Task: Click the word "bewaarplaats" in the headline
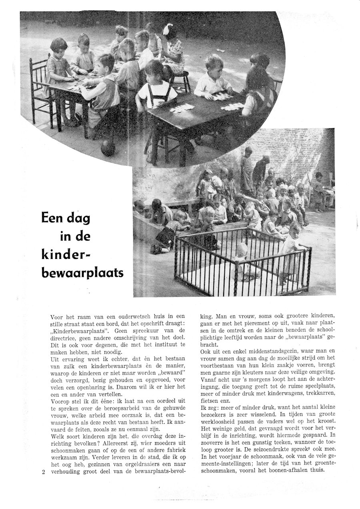tap(82, 272)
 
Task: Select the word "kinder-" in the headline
tap(67, 254)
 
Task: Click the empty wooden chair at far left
tap(40, 88)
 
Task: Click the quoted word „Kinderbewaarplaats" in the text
tap(81, 331)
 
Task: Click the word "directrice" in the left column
tap(65, 338)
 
